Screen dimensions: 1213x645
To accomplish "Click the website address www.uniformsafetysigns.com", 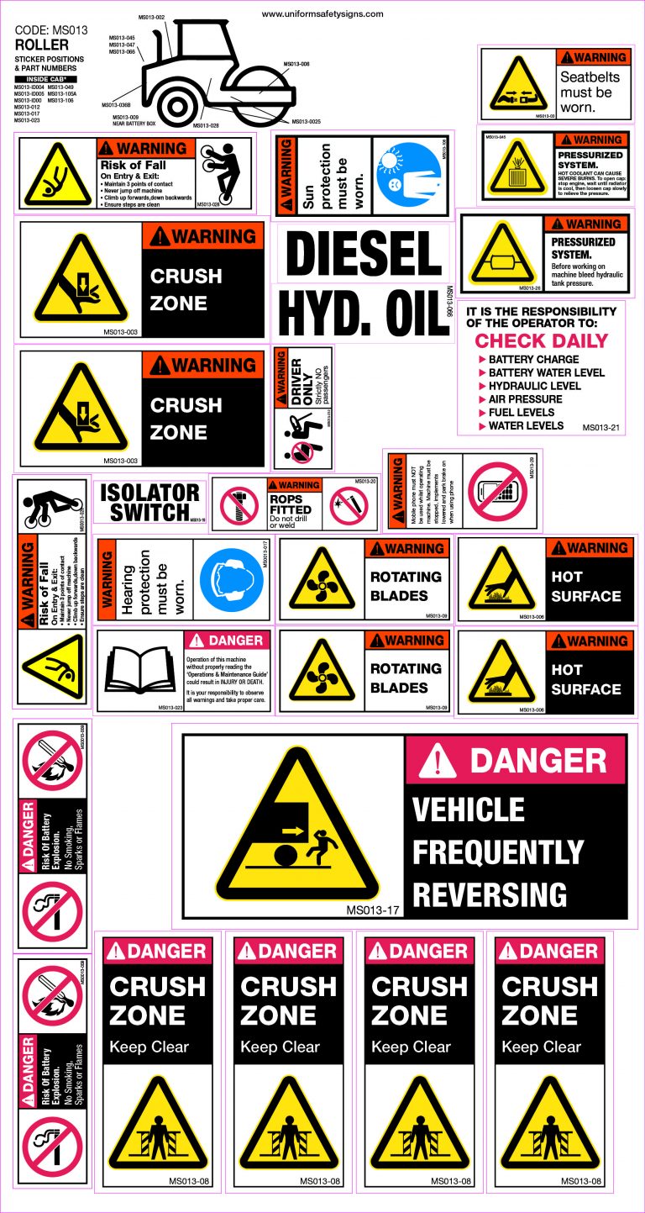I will point(322,13).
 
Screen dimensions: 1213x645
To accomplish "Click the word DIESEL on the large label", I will point(364,253).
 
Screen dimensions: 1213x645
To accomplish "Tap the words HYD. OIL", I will point(364,313).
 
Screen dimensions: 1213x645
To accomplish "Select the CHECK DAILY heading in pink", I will point(541,340).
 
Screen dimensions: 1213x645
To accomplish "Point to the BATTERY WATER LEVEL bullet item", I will point(546,372).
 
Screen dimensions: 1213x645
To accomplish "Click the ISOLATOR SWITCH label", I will point(150,503).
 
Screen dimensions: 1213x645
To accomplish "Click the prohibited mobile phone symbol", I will point(501,492).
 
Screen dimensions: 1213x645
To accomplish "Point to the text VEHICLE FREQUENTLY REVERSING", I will point(497,852).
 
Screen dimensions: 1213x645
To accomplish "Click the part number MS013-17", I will point(370,910).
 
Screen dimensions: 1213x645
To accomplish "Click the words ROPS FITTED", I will point(291,504).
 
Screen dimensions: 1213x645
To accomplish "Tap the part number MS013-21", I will point(601,428).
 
